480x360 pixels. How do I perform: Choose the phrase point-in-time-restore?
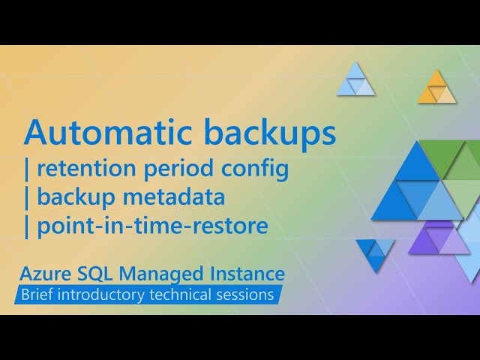151,225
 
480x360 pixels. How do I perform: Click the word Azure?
46,273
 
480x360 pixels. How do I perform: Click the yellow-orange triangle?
436,89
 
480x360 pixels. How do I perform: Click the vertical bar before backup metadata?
28,197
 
